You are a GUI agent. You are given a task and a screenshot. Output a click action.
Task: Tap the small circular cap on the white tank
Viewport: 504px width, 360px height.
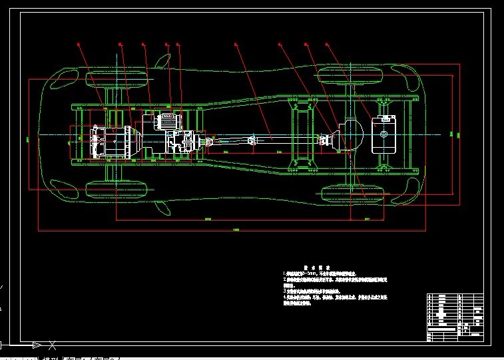coord(384,134)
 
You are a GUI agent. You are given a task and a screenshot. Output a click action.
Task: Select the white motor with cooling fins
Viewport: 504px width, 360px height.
coord(166,122)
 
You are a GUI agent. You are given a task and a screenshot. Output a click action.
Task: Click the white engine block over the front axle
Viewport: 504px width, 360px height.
coord(107,141)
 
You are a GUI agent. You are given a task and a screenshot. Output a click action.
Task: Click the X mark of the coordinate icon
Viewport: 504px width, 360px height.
coord(52,345)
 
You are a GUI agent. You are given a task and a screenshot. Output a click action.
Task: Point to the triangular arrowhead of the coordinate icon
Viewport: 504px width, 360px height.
coord(37,345)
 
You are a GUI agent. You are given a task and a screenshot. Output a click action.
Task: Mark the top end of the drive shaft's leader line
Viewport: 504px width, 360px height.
coord(236,44)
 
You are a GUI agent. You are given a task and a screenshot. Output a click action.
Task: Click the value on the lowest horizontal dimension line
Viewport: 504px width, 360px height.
coord(236,230)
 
